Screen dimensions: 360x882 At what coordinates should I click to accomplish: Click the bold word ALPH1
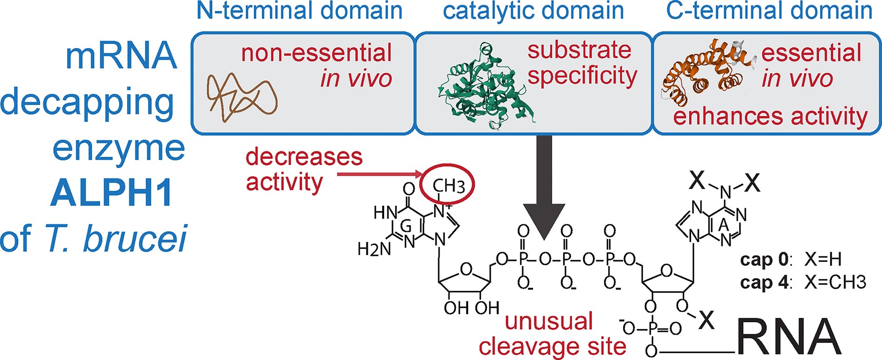112,193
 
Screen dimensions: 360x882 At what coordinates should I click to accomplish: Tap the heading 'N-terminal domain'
299,11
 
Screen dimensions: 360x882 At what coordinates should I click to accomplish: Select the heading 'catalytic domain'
533,11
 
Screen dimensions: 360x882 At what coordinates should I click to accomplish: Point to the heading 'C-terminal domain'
769,11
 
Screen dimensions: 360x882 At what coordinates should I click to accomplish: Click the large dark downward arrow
544,187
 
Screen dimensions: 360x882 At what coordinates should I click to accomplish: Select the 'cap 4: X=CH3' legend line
803,282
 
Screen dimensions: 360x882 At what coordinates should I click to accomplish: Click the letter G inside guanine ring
406,227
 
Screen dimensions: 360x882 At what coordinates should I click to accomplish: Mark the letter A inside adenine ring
723,226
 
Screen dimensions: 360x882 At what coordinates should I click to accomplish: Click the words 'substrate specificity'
581,63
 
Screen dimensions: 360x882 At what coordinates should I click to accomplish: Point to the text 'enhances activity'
770,117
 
